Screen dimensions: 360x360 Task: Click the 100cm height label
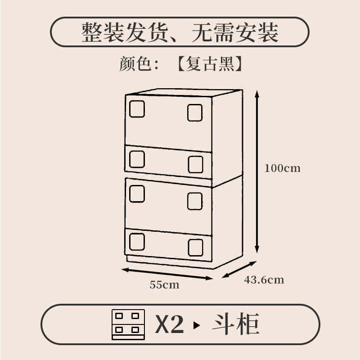(x=282, y=168)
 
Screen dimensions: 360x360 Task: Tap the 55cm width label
(x=164, y=284)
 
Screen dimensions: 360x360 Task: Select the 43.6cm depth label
(x=264, y=279)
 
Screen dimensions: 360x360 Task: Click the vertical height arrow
(x=257, y=171)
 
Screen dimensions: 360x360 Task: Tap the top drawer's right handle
(x=195, y=112)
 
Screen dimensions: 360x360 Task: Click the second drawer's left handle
(x=137, y=158)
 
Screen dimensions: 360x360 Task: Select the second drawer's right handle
(x=195, y=164)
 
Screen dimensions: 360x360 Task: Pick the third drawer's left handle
(x=137, y=193)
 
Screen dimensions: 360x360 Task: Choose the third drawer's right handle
(x=195, y=200)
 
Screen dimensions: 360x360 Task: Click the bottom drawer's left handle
(x=137, y=241)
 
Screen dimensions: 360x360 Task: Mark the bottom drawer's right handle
(x=196, y=247)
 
